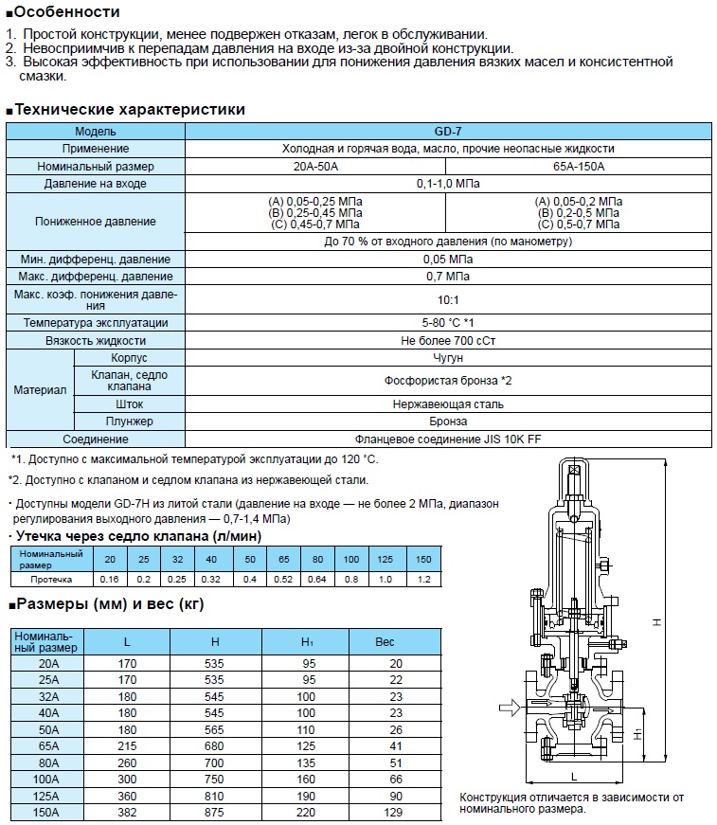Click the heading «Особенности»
[x=66, y=12]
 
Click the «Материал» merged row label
[x=40, y=389]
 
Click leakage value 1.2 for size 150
[x=423, y=577]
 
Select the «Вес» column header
[x=385, y=641]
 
